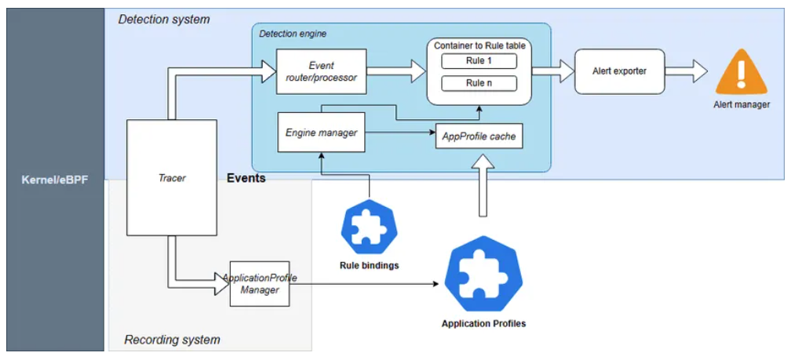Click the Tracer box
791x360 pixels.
[171, 177]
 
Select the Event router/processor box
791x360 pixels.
[322, 71]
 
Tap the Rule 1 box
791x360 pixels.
[479, 61]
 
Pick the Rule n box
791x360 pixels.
[479, 83]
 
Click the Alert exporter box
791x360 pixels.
[619, 71]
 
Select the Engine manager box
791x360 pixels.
[322, 133]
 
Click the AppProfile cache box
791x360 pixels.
[479, 136]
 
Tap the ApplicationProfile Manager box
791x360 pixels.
[260, 284]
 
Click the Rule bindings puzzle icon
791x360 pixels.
[369, 227]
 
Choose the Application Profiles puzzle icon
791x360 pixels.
[482, 272]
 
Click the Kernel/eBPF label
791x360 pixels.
[54, 180]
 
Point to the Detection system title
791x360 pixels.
[164, 19]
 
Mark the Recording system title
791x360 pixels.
[172, 340]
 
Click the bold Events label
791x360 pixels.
[246, 178]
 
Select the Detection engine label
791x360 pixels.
[293, 34]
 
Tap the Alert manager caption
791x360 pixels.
[741, 104]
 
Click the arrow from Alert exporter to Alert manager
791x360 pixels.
[687, 71]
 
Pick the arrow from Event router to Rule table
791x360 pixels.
[396, 71]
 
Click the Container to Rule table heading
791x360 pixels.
[479, 45]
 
